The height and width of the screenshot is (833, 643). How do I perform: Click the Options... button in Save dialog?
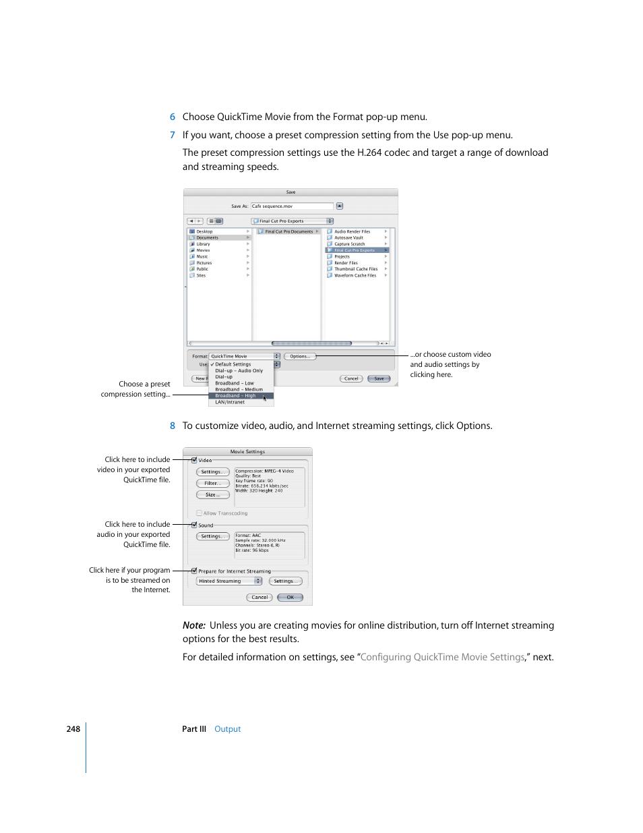[x=300, y=356]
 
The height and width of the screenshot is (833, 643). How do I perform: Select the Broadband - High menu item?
[x=235, y=396]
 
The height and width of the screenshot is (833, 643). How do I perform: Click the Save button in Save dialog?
[x=379, y=378]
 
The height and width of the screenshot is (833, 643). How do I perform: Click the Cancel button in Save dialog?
[x=351, y=378]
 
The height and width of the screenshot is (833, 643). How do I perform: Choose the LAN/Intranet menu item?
[x=230, y=402]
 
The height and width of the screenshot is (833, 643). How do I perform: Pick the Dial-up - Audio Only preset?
[x=239, y=370]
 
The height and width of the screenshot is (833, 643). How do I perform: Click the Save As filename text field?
[x=292, y=206]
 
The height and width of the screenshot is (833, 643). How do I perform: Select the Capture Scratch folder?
[x=349, y=244]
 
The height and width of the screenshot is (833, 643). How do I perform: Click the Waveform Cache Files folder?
[x=355, y=275]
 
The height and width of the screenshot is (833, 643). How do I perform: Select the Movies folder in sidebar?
[x=203, y=250]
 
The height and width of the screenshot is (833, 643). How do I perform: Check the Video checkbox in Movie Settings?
[x=194, y=460]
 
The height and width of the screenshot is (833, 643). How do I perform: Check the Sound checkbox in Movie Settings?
[x=194, y=525]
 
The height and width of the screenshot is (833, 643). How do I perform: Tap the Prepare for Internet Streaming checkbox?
[x=194, y=571]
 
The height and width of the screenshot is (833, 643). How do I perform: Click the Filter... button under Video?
[x=212, y=483]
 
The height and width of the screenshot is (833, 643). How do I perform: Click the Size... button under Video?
[x=212, y=494]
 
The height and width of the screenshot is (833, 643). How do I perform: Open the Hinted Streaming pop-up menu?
[x=229, y=581]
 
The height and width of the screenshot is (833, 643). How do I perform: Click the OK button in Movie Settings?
[x=290, y=597]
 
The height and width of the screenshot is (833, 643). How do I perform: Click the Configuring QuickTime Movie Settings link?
[x=442, y=657]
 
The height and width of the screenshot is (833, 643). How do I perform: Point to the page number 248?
[x=73, y=729]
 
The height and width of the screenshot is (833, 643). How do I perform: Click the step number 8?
[x=173, y=426]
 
